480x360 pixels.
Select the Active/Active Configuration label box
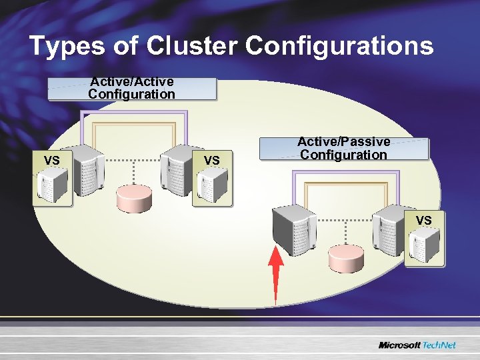[132, 88]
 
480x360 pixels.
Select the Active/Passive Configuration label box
[343, 149]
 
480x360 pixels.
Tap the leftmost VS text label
[51, 161]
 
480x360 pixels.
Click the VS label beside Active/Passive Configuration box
[212, 161]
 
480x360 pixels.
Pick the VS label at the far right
[424, 221]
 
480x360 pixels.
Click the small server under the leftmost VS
[53, 185]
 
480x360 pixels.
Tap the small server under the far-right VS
[425, 245]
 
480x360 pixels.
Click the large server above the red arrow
[294, 229]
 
